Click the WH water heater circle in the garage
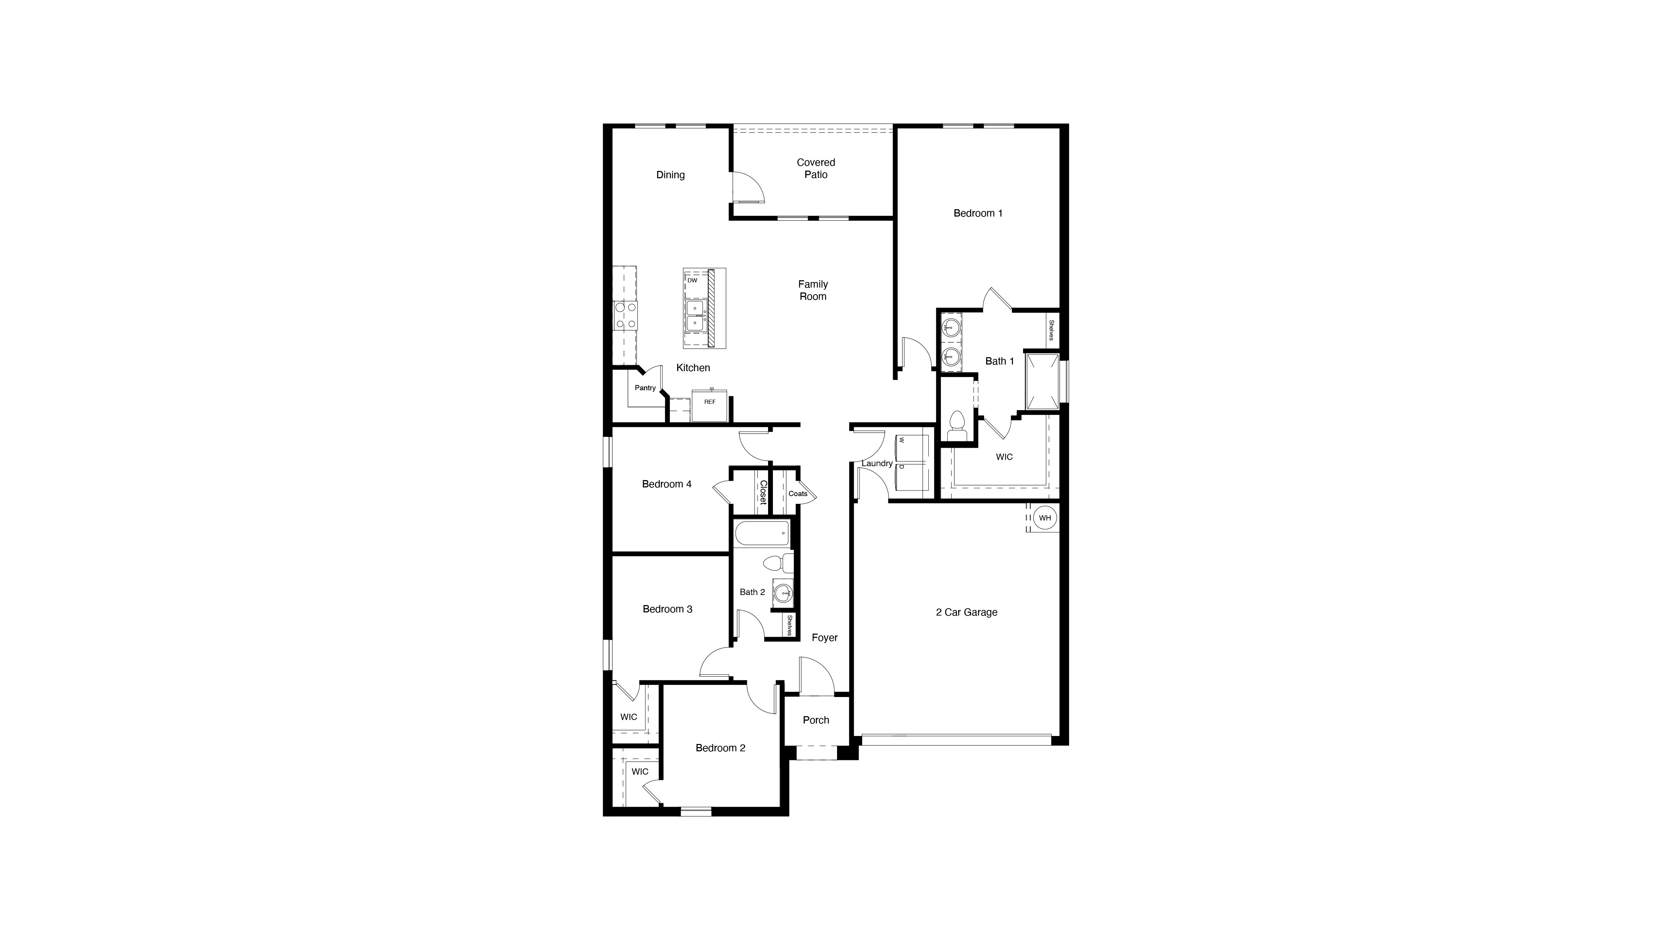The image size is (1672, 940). pos(1044,518)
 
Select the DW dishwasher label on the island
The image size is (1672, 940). pos(692,280)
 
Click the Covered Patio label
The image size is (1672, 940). pos(816,169)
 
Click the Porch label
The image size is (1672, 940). pos(816,720)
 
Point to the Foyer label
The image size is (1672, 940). pos(824,638)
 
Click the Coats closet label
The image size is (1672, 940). pos(798,494)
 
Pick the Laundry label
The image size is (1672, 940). pos(877,463)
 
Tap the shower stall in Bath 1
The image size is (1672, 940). pos(1041,382)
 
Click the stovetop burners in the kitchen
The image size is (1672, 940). pos(171,315)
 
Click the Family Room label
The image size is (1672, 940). pos(813,290)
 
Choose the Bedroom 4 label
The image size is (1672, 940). pos(667,484)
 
